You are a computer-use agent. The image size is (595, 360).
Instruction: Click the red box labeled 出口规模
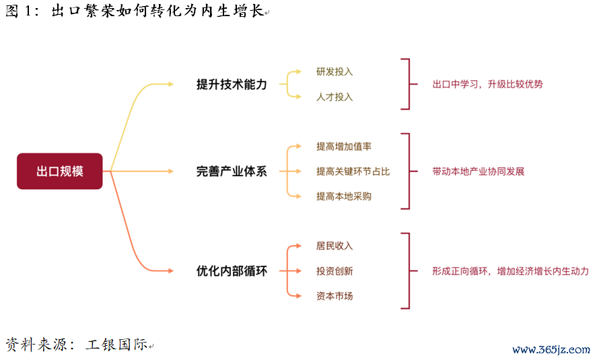click(60, 171)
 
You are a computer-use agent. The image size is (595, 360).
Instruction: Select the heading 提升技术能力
click(232, 84)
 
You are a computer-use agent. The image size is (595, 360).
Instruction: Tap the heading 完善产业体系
click(232, 172)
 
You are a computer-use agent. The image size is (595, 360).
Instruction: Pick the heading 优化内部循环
click(232, 271)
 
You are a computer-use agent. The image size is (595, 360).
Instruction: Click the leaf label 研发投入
click(335, 72)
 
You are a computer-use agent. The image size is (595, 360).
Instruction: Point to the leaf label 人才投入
click(335, 97)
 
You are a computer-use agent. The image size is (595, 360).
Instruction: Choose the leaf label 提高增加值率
click(344, 147)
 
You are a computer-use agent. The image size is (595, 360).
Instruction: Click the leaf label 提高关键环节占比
click(353, 172)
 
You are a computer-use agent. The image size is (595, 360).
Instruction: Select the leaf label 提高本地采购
click(344, 196)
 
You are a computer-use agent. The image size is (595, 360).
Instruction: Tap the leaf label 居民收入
click(335, 246)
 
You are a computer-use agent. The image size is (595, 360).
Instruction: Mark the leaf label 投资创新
click(335, 271)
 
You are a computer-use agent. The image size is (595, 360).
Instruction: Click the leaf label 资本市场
click(335, 296)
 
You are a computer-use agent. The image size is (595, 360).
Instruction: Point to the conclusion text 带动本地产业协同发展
click(478, 172)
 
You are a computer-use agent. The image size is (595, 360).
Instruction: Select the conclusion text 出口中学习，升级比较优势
click(487, 84)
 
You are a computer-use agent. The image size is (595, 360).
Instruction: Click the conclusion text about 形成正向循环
click(510, 271)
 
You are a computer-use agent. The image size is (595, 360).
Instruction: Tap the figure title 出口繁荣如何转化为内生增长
click(157, 10)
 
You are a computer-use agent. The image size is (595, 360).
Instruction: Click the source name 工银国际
click(117, 344)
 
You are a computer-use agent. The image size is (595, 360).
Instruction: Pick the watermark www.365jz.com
click(551, 349)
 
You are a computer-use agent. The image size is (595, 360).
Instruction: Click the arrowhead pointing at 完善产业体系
click(170, 172)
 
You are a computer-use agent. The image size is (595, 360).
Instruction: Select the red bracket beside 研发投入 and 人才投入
click(409, 84)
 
